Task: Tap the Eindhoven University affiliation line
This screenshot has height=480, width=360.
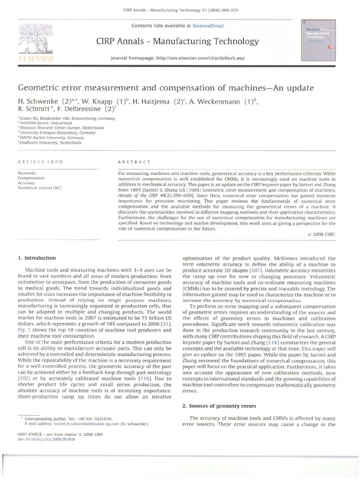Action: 50,143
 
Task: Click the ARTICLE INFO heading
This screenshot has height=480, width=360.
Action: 40,162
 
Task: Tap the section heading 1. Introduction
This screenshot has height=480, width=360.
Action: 37,258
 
